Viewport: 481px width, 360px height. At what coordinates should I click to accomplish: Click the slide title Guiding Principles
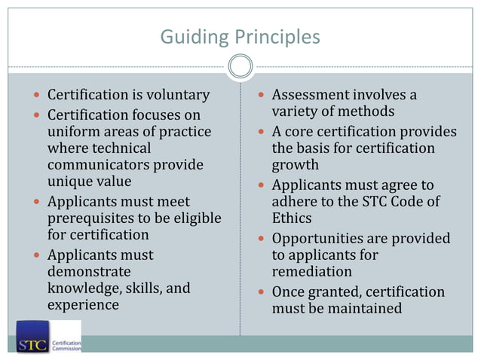[240, 36]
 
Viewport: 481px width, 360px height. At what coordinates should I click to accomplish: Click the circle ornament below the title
[240, 67]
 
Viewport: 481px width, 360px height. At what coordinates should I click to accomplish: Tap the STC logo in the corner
[32, 337]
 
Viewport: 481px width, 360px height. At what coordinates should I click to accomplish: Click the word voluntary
[171, 96]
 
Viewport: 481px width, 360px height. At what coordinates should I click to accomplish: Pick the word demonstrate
[89, 271]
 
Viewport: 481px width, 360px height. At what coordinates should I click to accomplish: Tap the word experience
[84, 305]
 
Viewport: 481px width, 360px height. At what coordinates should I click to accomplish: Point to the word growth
[295, 165]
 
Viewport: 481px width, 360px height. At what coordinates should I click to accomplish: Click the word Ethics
[293, 218]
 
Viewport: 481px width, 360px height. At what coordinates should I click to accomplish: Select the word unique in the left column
[69, 182]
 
